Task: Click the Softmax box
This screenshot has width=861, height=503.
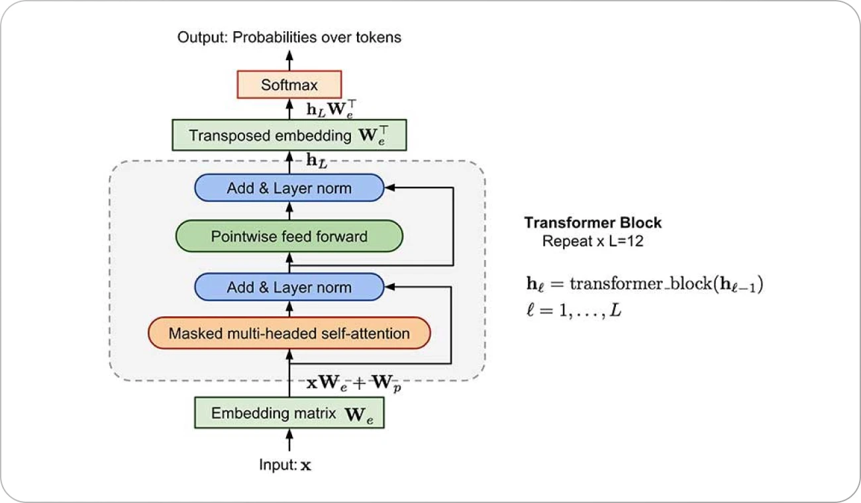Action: [x=289, y=85]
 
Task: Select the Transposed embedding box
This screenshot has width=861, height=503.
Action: [x=289, y=135]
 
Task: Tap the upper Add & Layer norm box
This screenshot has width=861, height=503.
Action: [x=289, y=188]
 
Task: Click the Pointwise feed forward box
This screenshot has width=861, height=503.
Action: [x=289, y=236]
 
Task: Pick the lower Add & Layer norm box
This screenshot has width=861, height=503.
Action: [x=289, y=288]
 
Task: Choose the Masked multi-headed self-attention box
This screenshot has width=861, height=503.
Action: [x=289, y=333]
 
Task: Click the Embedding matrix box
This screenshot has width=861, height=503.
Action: [x=289, y=414]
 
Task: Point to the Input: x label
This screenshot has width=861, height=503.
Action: [x=285, y=465]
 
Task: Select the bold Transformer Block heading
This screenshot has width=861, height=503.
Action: [x=593, y=223]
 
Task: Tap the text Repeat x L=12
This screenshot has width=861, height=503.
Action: [x=593, y=242]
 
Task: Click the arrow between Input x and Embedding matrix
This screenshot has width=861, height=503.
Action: [x=289, y=440]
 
